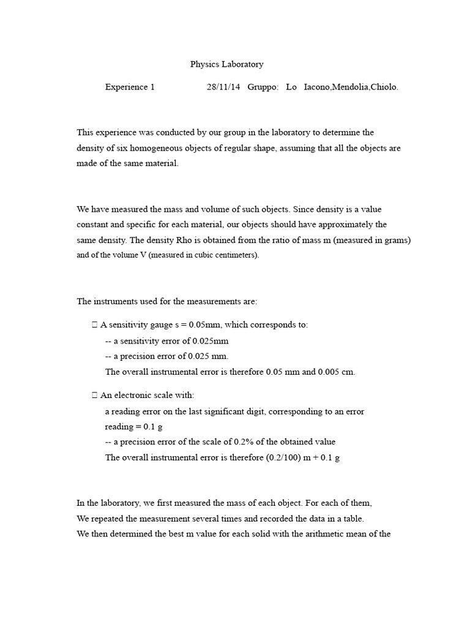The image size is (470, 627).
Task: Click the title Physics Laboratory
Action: point(226,64)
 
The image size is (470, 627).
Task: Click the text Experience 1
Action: point(130,87)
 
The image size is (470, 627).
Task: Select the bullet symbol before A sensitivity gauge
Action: point(94,325)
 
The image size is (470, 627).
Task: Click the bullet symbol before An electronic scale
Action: point(94,396)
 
